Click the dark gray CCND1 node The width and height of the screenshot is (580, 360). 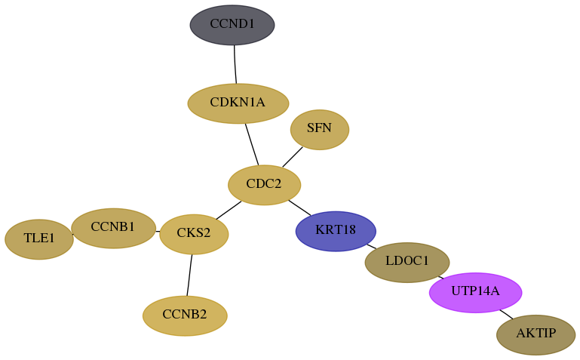coord(232,25)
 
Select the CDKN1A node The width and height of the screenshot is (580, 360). coord(238,103)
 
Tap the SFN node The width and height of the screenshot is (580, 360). coord(320,130)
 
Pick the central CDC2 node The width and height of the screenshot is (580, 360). coord(265,185)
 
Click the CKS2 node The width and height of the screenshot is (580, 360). coord(194,234)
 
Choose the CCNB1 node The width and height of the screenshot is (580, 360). coord(114,228)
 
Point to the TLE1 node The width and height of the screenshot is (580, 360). coord(39,239)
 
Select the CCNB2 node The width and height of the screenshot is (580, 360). coord(185,316)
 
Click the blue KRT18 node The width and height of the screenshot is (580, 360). coord(336,231)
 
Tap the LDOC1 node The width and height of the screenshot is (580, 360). coord(407,263)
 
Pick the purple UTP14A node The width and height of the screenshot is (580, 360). coord(476,293)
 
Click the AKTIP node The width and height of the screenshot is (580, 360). coord(536,335)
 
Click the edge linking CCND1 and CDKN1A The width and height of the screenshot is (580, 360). coord(235,64)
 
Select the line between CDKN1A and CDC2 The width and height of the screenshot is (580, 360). coord(252,144)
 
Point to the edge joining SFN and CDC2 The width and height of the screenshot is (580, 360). coord(293,157)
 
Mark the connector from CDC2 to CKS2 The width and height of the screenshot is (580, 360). coord(229,211)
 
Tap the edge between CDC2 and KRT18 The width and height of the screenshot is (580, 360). coord(299,208)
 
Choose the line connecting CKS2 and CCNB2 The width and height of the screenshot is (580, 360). coord(189,275)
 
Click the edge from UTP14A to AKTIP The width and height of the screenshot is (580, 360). coord(506,314)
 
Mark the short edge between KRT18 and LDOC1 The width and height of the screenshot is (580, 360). coord(371,247)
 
